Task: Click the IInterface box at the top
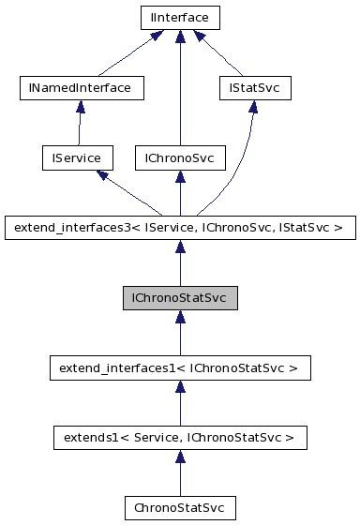pos(179,17)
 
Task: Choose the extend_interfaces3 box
pos(179,226)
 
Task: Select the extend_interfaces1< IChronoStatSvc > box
pos(179,368)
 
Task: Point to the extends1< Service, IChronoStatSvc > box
pos(179,437)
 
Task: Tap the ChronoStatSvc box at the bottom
pos(179,507)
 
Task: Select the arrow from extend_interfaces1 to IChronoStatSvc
pos(179,333)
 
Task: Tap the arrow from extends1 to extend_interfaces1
pos(179,403)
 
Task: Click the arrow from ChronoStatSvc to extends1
pos(179,472)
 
